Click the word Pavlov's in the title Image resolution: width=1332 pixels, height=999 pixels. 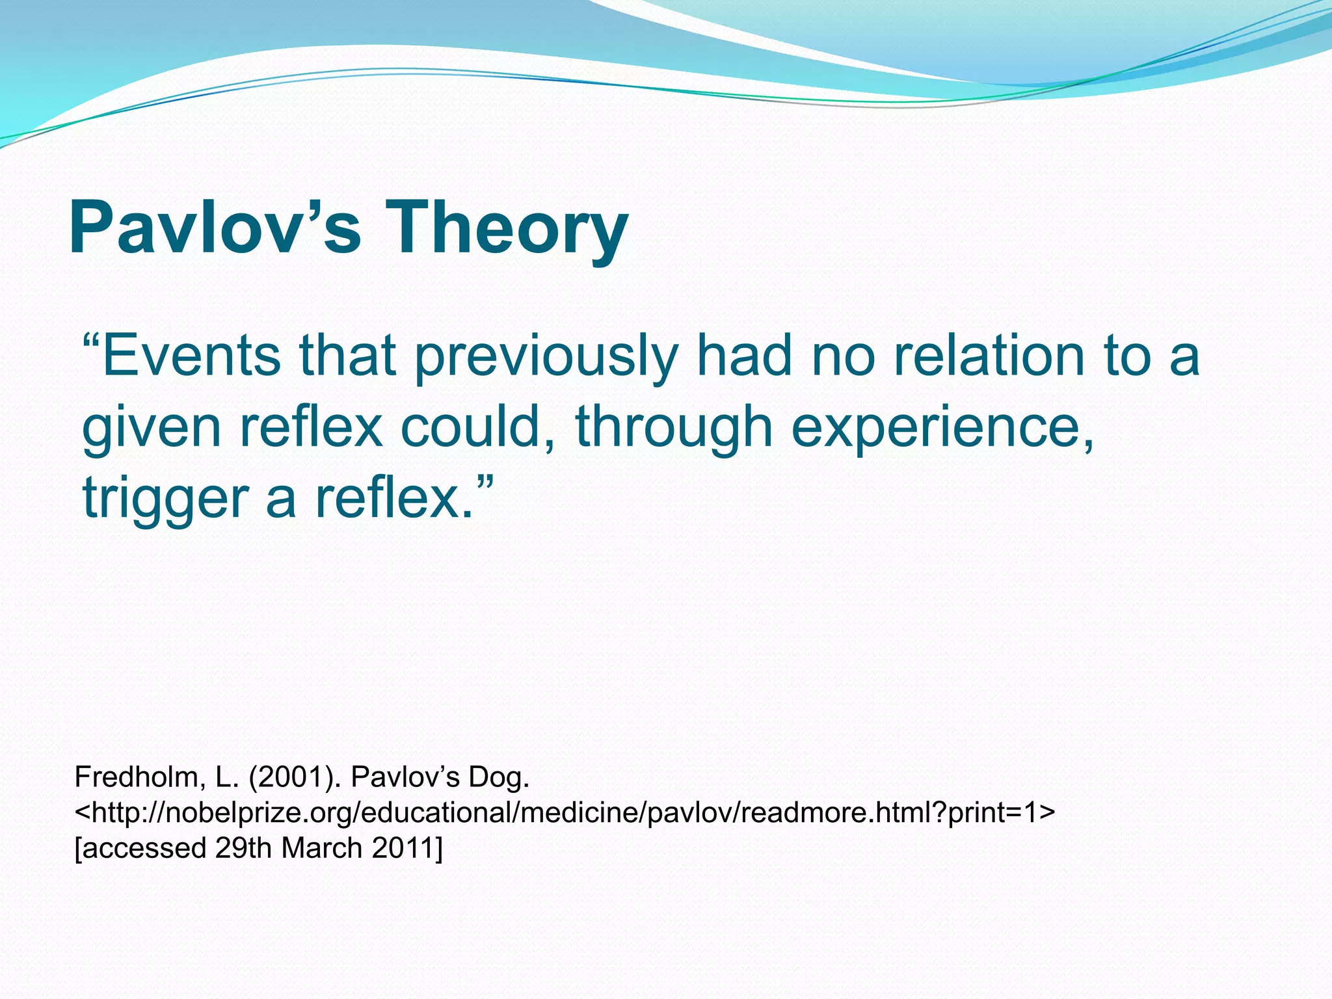pyautogui.click(x=215, y=228)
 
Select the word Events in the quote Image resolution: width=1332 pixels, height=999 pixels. pyautogui.click(x=191, y=356)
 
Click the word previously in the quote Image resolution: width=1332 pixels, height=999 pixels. pyautogui.click(x=546, y=356)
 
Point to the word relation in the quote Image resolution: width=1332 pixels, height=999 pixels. pyautogui.click(x=989, y=356)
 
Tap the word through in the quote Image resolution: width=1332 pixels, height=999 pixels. pyautogui.click(x=674, y=428)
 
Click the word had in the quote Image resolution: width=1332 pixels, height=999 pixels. pyautogui.click(x=744, y=356)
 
